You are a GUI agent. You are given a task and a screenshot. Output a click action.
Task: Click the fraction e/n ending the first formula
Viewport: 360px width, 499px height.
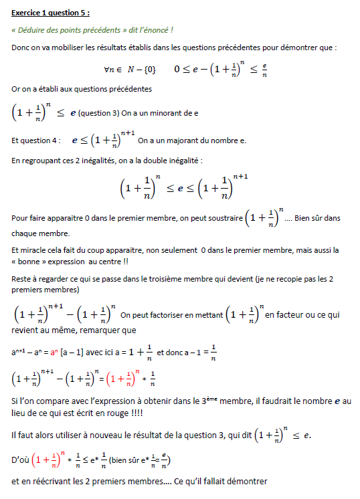click(264, 69)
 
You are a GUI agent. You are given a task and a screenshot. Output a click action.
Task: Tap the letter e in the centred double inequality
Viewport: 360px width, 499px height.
click(180, 190)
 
